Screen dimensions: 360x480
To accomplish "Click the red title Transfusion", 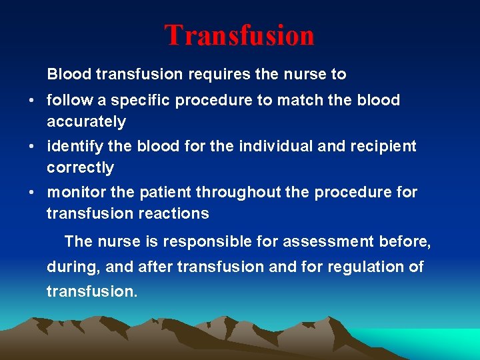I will pos(239,35).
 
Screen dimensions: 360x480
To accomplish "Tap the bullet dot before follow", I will pos(32,101).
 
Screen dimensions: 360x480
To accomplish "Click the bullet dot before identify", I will pos(32,146).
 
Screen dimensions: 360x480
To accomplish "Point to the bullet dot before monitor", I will pos(32,193).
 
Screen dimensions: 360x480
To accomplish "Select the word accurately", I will pos(86,122).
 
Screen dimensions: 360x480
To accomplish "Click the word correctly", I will pos(80,167).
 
